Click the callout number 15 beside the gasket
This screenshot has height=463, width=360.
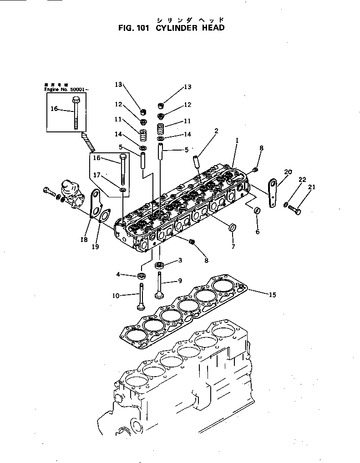coord(272,295)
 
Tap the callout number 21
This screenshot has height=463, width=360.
coord(312,187)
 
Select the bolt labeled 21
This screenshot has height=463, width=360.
coord(296,210)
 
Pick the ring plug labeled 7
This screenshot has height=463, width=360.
coord(233,228)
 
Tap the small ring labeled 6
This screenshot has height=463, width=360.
coord(257,211)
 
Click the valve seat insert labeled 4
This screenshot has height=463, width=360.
coord(142,276)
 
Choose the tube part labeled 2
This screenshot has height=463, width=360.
coord(197,161)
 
